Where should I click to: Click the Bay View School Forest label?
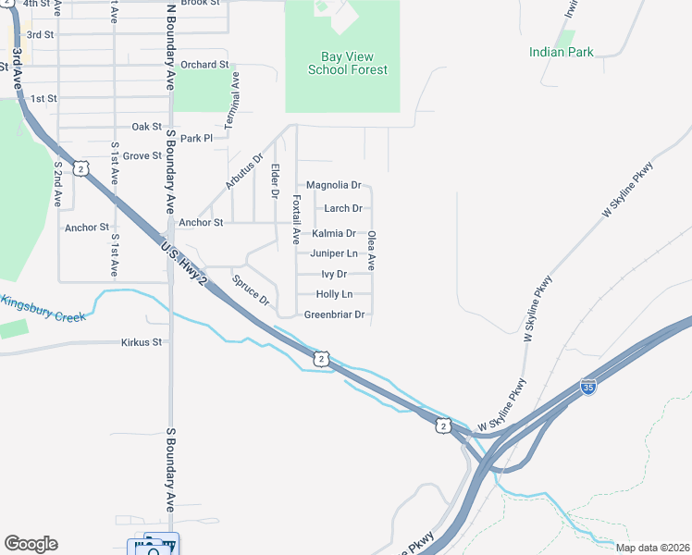[347, 63]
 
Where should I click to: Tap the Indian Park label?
[562, 53]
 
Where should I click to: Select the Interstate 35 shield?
[587, 387]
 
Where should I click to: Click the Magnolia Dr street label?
[333, 186]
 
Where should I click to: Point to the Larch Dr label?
[342, 209]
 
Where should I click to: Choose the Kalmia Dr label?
[334, 234]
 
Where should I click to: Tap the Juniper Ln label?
[334, 253]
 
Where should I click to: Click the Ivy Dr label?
[334, 275]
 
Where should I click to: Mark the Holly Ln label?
[334, 294]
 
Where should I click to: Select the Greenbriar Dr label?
[335, 315]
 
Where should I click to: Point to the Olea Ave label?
[372, 250]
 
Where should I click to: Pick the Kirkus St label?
[141, 342]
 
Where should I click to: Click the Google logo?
[31, 544]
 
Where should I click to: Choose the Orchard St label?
[204, 65]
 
